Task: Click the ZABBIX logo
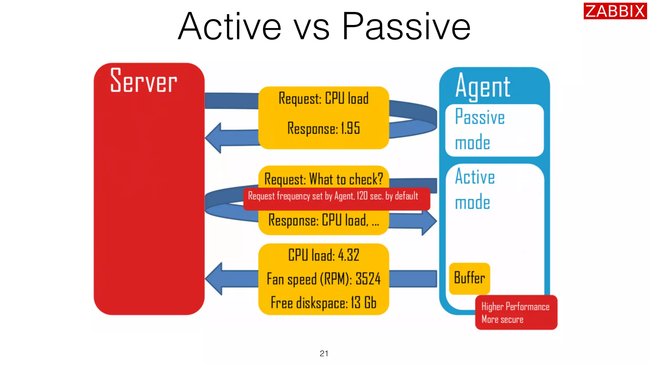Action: click(614, 11)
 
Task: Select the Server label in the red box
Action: click(144, 81)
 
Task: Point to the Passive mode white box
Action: click(494, 130)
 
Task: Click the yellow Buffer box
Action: click(469, 278)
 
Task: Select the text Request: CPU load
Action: click(324, 99)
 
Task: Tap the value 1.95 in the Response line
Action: click(350, 128)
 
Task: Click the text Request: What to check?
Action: click(324, 179)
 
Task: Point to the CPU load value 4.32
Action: click(349, 255)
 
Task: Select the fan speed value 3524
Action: click(368, 279)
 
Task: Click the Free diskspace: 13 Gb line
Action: click(324, 303)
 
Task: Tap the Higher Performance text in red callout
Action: click(515, 306)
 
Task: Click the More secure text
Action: click(502, 319)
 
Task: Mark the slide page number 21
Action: click(324, 353)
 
